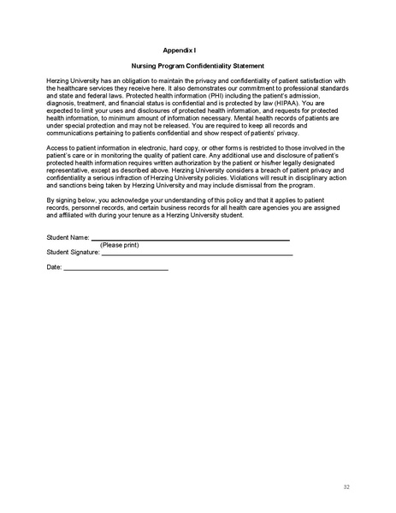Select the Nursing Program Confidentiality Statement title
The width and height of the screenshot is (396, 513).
198,66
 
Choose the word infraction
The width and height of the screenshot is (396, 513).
134,178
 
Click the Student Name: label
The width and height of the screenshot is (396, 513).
68,237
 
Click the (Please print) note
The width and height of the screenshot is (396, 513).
119,246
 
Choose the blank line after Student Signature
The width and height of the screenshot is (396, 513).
197,255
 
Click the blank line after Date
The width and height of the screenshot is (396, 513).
116,270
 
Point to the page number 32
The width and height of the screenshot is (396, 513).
346,486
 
